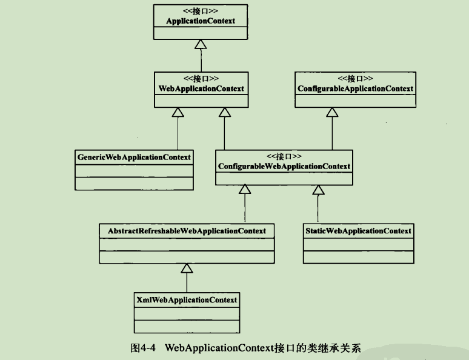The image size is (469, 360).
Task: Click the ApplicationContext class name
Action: (201, 21)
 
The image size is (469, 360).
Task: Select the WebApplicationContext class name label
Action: (201, 88)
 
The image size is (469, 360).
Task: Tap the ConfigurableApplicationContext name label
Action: (355, 88)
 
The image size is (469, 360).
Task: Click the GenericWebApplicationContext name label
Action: (134, 157)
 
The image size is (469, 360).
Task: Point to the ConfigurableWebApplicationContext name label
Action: (284, 167)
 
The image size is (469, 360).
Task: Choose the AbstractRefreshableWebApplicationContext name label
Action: (187, 231)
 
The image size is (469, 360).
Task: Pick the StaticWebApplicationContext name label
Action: (358, 231)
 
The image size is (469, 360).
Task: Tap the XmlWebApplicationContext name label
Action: (187, 300)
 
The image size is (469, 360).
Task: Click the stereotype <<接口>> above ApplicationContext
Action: (201, 11)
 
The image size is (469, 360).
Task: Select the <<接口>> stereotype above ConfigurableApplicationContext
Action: (355, 78)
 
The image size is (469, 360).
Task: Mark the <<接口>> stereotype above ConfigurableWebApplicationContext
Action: (284, 156)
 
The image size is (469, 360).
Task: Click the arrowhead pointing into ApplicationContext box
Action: (201, 44)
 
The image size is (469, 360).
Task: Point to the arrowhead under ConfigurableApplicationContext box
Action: (332, 112)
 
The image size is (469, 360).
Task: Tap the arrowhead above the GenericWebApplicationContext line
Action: (178, 112)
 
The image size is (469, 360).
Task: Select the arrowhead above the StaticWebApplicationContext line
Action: (318, 190)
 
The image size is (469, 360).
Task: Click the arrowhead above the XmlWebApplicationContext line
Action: (187, 268)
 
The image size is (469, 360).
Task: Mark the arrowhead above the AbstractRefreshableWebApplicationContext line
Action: (245, 190)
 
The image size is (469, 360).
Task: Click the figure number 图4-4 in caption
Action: (143, 348)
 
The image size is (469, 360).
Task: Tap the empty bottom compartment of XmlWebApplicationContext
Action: (187, 327)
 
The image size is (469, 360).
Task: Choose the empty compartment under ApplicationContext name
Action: (201, 33)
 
